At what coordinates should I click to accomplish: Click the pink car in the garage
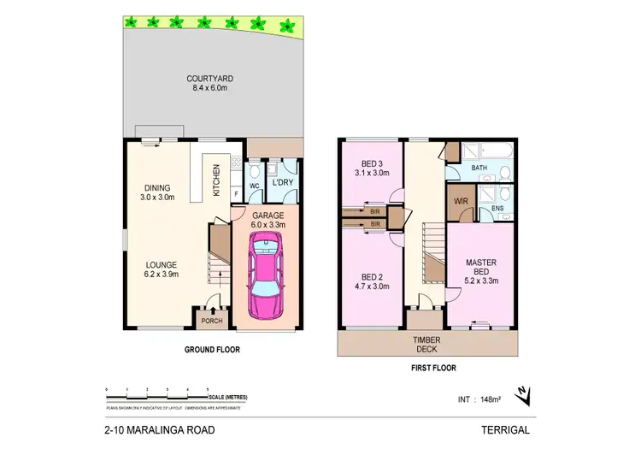tap(267, 276)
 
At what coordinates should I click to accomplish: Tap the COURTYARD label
tap(210, 80)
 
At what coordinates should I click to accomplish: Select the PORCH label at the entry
tap(209, 322)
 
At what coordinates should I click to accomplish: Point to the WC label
tap(254, 185)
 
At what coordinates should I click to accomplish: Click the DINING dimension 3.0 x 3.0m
tap(157, 197)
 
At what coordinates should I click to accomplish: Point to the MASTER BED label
tap(481, 267)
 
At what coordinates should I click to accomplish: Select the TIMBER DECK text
tap(427, 345)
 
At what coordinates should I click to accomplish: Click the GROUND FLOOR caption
tap(213, 350)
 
